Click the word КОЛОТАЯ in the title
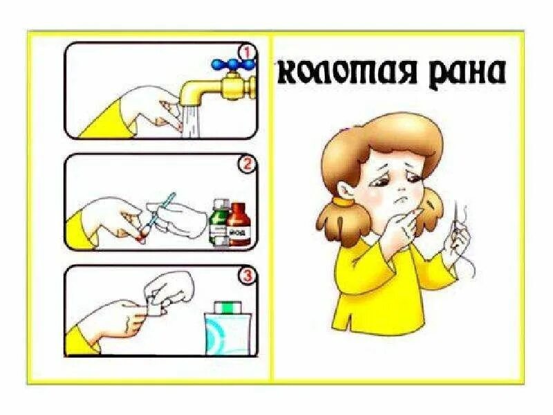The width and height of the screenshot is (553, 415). click(339, 71)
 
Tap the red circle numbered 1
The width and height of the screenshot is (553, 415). click(246, 51)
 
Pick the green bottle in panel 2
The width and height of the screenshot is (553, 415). click(218, 221)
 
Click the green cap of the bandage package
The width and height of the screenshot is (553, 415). click(226, 305)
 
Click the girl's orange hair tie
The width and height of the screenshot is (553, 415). click(341, 203)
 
